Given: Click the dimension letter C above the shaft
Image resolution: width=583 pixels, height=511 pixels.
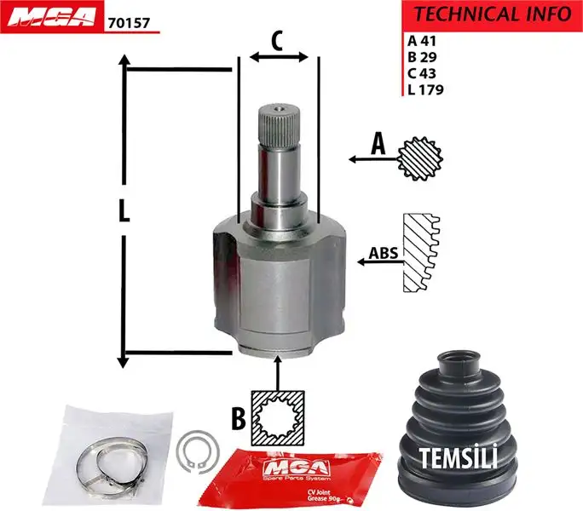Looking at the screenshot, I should click(x=277, y=40).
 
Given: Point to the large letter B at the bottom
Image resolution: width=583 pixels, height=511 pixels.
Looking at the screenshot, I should click(x=240, y=417).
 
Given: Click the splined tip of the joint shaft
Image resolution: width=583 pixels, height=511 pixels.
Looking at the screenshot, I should click(x=278, y=118).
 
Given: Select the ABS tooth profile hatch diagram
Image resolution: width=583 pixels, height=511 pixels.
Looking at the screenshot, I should click(x=422, y=254).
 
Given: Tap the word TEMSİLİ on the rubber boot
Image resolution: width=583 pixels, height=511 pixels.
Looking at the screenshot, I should click(x=459, y=457).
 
